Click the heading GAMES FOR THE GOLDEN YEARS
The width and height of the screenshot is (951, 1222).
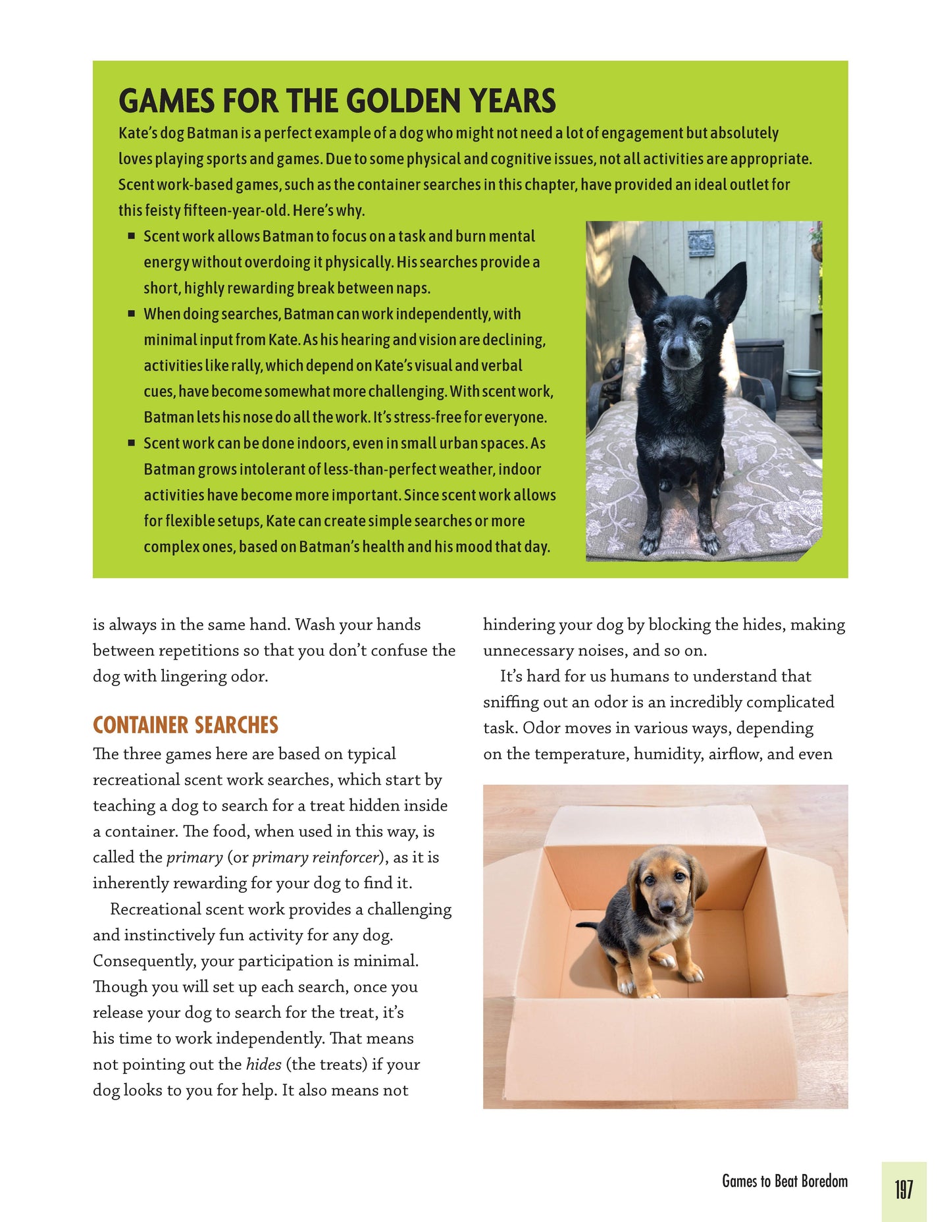(x=337, y=101)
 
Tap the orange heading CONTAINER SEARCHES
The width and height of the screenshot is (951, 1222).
(x=186, y=725)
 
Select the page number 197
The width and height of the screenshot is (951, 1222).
(x=903, y=1190)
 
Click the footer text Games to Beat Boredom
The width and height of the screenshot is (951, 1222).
(x=784, y=1181)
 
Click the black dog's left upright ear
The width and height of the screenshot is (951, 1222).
(x=642, y=284)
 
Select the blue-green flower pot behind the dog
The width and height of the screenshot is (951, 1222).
(x=803, y=384)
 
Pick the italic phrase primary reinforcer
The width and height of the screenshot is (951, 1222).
(x=315, y=857)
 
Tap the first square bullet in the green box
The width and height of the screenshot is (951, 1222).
(x=132, y=236)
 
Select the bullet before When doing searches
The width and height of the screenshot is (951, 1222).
(x=132, y=313)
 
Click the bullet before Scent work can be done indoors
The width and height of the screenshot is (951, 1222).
(x=132, y=443)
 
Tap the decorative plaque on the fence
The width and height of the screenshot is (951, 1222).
(x=700, y=243)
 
